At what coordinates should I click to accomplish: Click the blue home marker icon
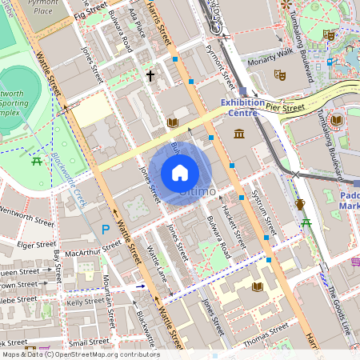pos(180,172)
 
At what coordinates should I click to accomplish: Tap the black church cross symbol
pos(150,76)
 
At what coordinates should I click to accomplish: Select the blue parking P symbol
pos(105,230)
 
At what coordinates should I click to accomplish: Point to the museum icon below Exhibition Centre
pos(239,131)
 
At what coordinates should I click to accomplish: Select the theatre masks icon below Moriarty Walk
pos(279,74)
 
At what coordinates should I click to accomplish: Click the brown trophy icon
pos(299,204)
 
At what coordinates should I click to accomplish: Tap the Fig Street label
pos(90,11)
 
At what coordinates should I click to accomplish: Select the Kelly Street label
pos(86,302)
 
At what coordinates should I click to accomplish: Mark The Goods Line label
pos(339,309)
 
